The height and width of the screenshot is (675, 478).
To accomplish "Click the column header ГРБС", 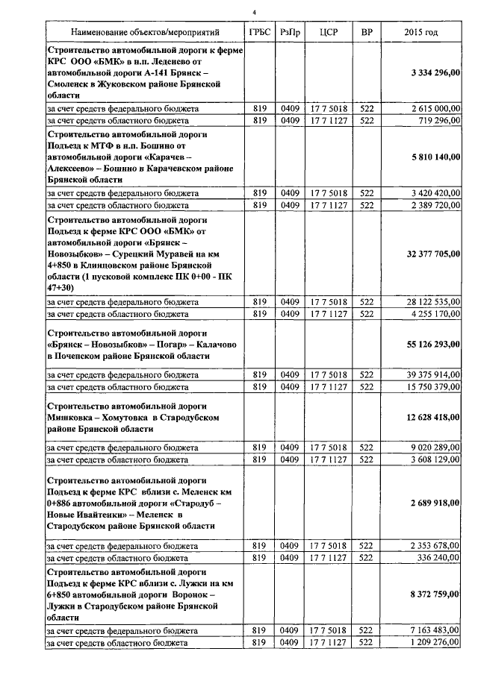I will (258, 34).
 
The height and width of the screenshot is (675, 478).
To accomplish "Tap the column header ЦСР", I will (327, 34).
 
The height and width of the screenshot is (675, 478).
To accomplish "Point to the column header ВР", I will (366, 34).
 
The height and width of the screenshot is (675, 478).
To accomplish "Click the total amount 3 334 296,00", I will (435, 72).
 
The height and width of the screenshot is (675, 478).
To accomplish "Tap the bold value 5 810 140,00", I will (435, 158).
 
